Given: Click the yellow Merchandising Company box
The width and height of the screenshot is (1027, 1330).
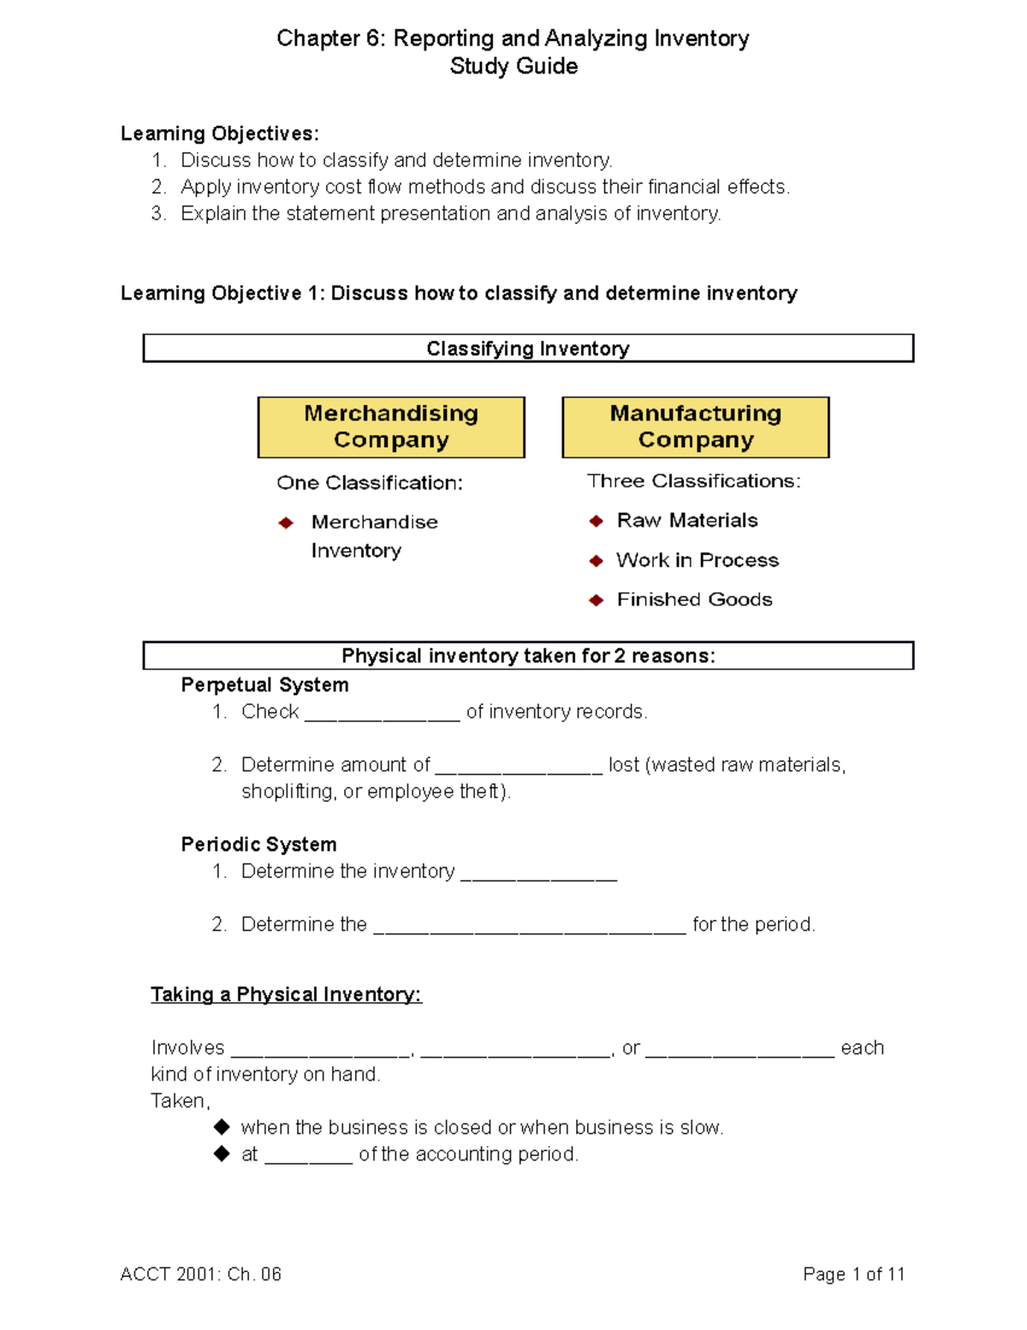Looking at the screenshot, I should coord(391,426).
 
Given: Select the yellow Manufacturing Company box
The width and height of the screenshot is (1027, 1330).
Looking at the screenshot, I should coord(695,426).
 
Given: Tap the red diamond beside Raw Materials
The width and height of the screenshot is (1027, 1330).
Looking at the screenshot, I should coord(597,521).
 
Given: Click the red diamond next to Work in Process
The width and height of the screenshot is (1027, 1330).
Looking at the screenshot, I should coord(597,561).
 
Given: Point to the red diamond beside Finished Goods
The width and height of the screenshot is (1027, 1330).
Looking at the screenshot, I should coord(597,600).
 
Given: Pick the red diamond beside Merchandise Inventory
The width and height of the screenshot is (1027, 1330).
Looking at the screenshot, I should coord(286,522).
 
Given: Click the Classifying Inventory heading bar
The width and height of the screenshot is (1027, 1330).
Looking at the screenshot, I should coord(528,349).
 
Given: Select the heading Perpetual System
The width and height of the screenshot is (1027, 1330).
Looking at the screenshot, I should coord(264,685).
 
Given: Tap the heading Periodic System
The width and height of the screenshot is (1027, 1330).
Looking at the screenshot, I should coord(258,844).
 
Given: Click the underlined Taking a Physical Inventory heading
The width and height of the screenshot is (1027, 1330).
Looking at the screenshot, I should coord(286,994).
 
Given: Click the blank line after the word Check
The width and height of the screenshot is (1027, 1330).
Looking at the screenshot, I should coord(382,717).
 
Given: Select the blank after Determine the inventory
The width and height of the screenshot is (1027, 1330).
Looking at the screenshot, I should coord(538,876).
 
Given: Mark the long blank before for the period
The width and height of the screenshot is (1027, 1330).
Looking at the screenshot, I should coord(530,929).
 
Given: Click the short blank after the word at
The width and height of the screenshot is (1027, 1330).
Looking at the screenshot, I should coord(308,1159).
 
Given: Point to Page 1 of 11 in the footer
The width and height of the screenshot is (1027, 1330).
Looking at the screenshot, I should coord(853,1274).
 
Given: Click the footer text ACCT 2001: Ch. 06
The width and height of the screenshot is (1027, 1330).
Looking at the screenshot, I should coord(200,1274).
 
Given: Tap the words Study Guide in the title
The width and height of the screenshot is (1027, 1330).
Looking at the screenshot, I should coord(513,66).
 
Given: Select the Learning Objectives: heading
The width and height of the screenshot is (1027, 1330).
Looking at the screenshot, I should coord(219,134).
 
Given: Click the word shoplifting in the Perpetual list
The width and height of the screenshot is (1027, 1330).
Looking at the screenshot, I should coord(288,791).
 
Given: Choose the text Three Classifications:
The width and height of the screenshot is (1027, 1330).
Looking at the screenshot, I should coord(693,481).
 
